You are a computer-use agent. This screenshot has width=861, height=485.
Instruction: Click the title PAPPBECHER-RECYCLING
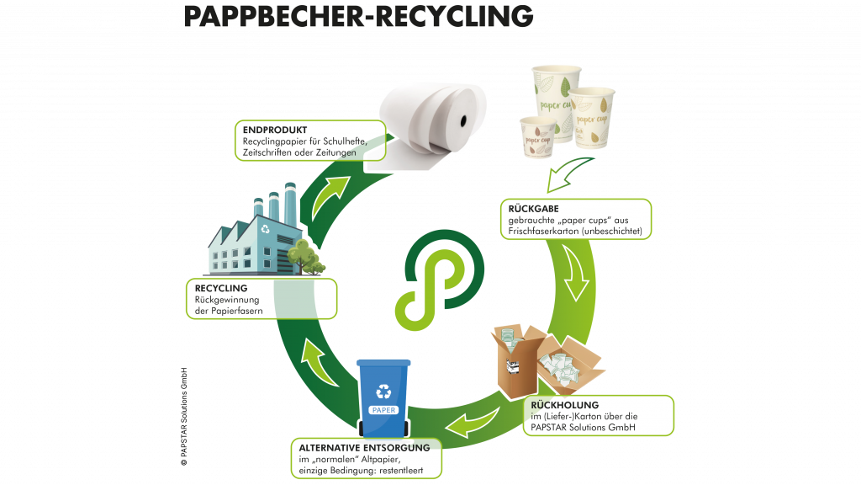(x=357, y=16)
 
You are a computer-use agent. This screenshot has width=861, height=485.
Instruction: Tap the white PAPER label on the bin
(x=383, y=410)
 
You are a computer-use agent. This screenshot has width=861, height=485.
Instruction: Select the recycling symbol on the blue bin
(x=383, y=390)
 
